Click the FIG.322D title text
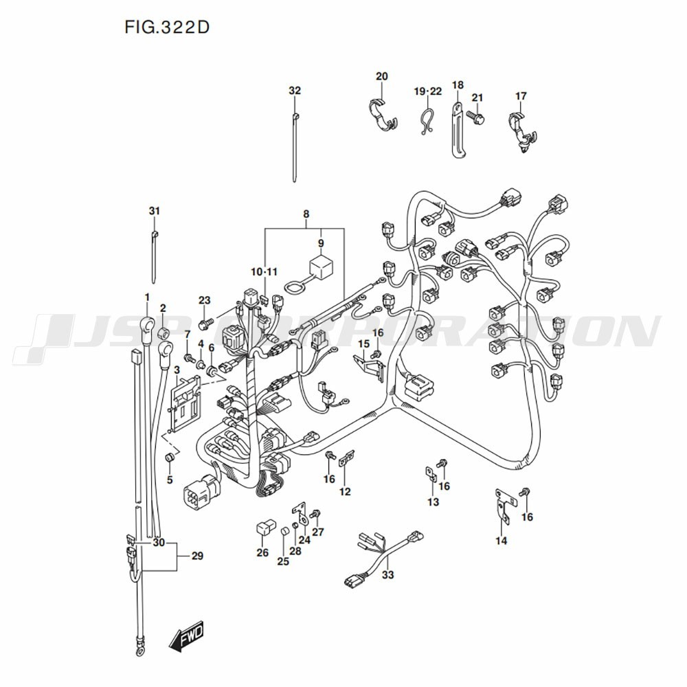[x=167, y=27]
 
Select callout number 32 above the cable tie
[x=295, y=91]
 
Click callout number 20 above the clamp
[x=381, y=76]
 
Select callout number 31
[x=154, y=211]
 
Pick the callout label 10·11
[x=264, y=272]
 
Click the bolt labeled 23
[x=206, y=324]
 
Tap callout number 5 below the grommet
[x=170, y=480]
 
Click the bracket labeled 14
[x=502, y=505]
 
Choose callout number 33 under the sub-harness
[x=387, y=574]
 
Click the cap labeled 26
[x=267, y=527]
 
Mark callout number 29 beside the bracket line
[x=197, y=556]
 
